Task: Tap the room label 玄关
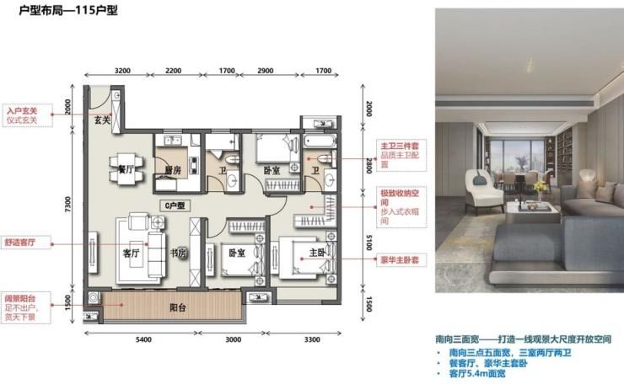click(102, 120)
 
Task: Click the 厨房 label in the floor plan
click(174, 169)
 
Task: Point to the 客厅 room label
click(132, 252)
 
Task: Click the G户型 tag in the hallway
click(175, 205)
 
